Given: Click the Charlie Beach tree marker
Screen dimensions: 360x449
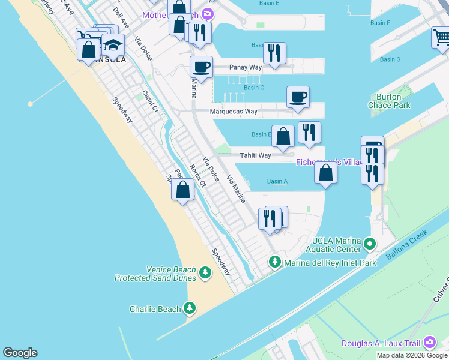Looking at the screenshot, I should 190,308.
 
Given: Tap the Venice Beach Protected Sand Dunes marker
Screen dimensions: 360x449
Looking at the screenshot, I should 205,274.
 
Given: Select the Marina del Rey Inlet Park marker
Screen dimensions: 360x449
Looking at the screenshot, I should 275,262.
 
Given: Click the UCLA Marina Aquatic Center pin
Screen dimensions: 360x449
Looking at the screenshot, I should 370,244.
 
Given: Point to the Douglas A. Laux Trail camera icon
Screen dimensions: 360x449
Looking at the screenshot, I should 430,343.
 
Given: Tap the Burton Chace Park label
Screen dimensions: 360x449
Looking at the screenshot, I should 393,101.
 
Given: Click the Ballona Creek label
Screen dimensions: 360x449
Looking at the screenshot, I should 406,245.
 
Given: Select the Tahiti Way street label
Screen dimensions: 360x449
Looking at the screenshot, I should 255,155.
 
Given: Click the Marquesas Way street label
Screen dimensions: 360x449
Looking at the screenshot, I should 234,112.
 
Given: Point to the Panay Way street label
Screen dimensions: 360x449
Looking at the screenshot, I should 247,67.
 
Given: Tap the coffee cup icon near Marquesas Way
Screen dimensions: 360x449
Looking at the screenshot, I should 298,97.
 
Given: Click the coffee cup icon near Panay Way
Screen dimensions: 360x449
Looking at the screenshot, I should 201,67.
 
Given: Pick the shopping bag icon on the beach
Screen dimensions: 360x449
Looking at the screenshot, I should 182,190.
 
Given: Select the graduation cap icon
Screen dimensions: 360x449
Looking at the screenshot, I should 112,45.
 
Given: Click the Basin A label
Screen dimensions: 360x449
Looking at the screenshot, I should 277,181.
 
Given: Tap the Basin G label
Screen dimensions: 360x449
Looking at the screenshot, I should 390,59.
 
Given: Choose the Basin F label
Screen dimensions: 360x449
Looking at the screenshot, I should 380,23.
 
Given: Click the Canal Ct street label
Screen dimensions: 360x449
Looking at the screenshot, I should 150,101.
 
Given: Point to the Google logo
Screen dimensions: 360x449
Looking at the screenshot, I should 20,353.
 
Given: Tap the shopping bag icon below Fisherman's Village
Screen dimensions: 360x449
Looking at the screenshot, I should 325,173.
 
